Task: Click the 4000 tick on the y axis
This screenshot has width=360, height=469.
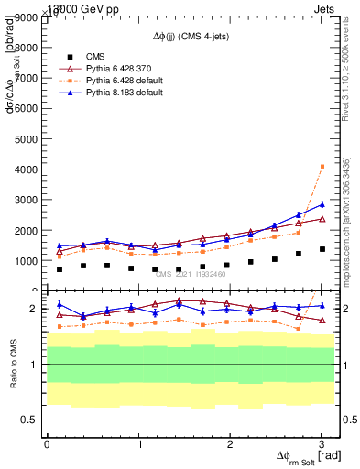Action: click(25, 169)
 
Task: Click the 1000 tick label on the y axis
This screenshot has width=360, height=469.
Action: click(25, 260)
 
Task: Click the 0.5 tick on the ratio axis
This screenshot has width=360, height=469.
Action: click(29, 420)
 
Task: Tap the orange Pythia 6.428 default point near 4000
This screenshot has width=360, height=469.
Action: click(322, 166)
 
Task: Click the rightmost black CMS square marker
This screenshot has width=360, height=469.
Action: click(322, 249)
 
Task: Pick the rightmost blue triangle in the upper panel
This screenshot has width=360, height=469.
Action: click(322, 204)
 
